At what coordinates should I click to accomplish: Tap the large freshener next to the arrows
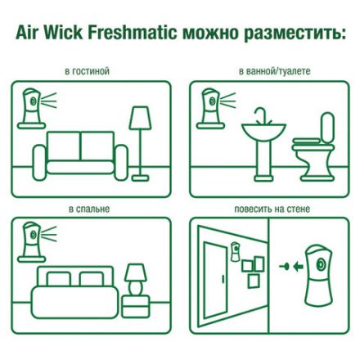click(x=314, y=271)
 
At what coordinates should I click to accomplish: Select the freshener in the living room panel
click(x=29, y=106)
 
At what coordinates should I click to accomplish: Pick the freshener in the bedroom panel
click(x=29, y=241)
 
